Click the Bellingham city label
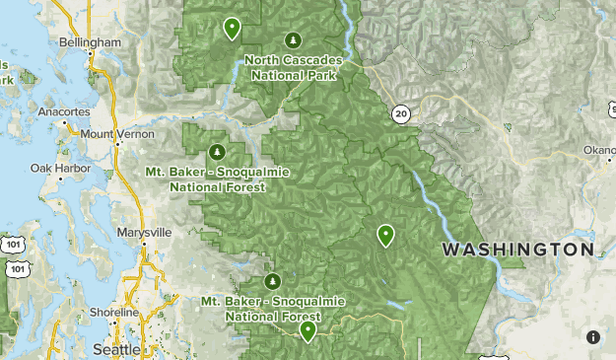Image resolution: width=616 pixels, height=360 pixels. (x=90, y=43)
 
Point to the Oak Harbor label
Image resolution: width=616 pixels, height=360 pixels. (x=54, y=169)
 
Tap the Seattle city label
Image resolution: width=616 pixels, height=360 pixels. (x=116, y=349)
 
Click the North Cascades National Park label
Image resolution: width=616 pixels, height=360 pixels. (x=293, y=66)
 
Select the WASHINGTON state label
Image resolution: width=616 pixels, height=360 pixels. (x=517, y=251)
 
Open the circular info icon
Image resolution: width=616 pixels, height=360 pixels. (x=594, y=337)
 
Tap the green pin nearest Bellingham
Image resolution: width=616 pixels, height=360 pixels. (x=232, y=29)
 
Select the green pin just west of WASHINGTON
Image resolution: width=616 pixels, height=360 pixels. (x=385, y=235)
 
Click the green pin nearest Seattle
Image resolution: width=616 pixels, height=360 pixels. (x=308, y=331)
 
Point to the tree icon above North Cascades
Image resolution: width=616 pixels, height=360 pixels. (x=293, y=39)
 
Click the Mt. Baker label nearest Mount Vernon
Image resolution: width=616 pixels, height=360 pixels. (x=204, y=178)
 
